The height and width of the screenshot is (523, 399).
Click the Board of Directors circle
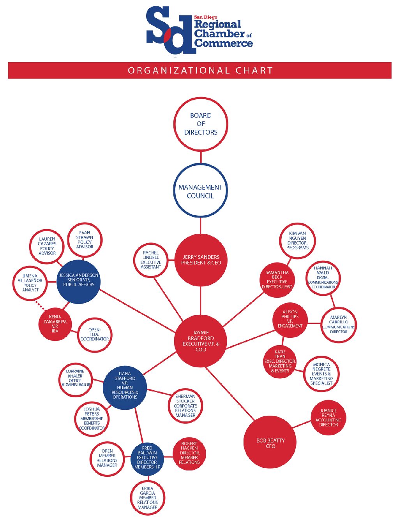201,124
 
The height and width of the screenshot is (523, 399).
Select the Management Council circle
200,191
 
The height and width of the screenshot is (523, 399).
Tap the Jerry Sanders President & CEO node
201,260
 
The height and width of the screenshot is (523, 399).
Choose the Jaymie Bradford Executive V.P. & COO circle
201,341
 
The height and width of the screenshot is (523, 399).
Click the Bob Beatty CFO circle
270,442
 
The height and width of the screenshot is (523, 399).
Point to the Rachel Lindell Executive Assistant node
151,260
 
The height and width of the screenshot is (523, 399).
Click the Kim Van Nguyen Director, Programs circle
297,240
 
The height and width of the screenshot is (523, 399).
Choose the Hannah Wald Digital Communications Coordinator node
323,278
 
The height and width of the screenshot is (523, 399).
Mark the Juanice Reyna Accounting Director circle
328,418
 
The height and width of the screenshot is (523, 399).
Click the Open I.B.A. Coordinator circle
95,335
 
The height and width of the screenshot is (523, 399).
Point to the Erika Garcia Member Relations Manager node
147,498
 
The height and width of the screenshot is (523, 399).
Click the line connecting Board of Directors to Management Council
201,157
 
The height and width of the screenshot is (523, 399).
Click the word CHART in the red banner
254,70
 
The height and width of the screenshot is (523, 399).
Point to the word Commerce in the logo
224,43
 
